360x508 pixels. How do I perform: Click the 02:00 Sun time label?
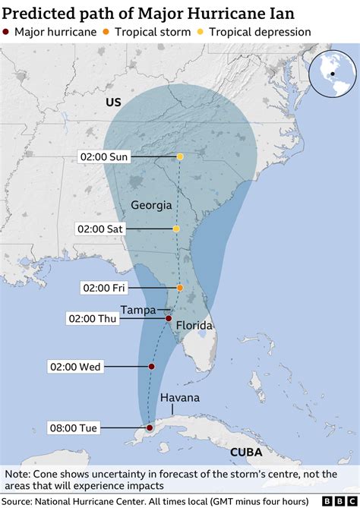104,156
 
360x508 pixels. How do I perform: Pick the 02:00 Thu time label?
93,319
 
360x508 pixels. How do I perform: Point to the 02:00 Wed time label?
75,367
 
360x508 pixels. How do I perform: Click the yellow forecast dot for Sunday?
180,156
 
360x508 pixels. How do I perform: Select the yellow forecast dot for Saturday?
176,229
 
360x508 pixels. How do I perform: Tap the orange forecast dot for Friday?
180,288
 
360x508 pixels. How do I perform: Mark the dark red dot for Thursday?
169,319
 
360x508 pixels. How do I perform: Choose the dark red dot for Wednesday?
151,367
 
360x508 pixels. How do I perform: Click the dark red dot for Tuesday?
148,428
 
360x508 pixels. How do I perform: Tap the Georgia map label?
151,205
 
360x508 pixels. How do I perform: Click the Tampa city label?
138,309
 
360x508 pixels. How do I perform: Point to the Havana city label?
180,399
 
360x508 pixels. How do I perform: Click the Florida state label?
194,326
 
